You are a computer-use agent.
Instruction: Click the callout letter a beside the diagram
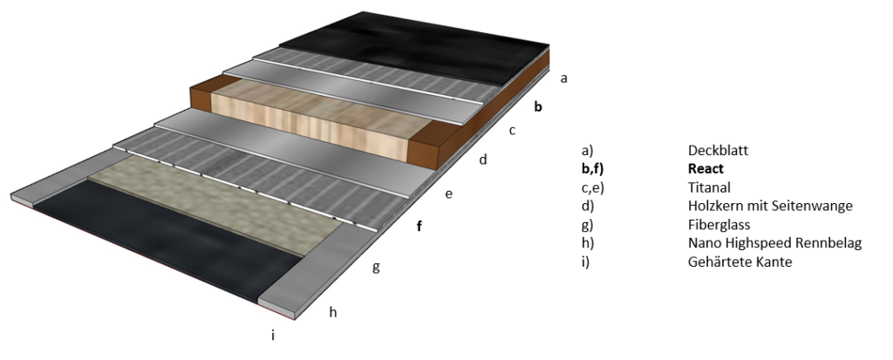pyautogui.click(x=564, y=78)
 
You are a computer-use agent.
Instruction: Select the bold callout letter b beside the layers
pyautogui.click(x=537, y=106)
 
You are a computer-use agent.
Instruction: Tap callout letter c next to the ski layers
pyautogui.click(x=512, y=131)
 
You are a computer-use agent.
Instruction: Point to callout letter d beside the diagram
pyautogui.click(x=483, y=160)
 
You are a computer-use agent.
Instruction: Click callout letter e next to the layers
pyautogui.click(x=449, y=194)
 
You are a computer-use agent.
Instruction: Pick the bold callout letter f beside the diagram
pyautogui.click(x=419, y=226)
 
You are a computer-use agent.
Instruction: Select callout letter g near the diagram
pyautogui.click(x=376, y=267)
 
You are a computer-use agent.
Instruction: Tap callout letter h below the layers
pyautogui.click(x=333, y=311)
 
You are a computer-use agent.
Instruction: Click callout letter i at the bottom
pyautogui.click(x=273, y=335)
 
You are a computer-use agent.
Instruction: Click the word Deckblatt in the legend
pyautogui.click(x=718, y=151)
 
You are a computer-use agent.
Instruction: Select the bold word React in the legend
pyautogui.click(x=706, y=169)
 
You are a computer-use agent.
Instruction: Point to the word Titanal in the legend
pyautogui.click(x=709, y=187)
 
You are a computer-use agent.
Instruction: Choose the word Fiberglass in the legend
pyautogui.click(x=719, y=225)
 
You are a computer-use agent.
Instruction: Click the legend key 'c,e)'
pyautogui.click(x=592, y=188)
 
